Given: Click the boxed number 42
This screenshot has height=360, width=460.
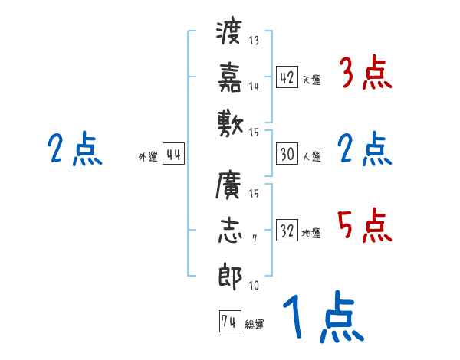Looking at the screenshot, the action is click(287, 77).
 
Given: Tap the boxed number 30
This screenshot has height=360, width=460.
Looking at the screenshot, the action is click(287, 154).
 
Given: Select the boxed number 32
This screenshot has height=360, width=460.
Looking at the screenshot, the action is click(287, 231).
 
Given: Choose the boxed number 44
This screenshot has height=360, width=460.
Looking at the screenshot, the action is click(173, 155).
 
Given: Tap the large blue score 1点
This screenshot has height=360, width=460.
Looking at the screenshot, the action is click(321, 317).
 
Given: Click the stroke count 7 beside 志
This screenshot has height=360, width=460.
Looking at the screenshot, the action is click(254, 240).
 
